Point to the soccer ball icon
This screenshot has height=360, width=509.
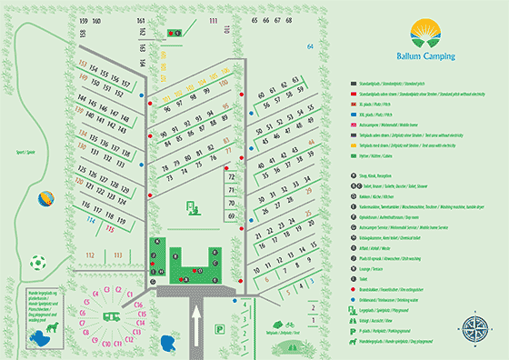pos(37,264)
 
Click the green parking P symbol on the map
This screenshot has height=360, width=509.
pos(193,207)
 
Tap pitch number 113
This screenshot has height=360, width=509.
pos(115,255)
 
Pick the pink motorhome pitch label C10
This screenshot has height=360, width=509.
pos(106,345)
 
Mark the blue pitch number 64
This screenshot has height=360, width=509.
pos(310,45)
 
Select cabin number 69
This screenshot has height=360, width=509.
pos(231,215)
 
